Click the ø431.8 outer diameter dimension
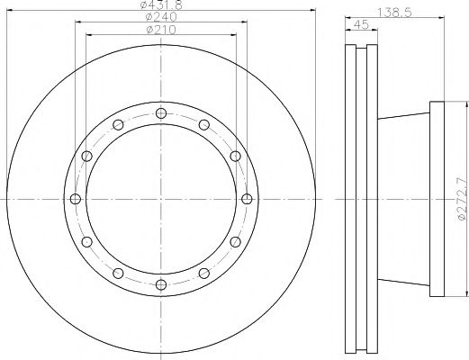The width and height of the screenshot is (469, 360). [x=161, y=5]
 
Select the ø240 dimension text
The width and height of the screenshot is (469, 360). [x=161, y=17]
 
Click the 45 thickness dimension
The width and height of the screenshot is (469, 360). [x=360, y=24]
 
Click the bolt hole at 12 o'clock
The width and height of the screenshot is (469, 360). [x=161, y=112]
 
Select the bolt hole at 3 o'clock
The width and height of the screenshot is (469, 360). [x=248, y=199]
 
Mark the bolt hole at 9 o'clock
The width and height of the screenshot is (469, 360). [x=75, y=199]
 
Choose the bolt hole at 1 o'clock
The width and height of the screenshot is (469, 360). [x=204, y=124]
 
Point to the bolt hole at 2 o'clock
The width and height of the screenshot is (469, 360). [x=236, y=156]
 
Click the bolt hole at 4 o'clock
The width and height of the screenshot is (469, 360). [x=236, y=242]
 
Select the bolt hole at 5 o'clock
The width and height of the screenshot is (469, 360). [x=204, y=274]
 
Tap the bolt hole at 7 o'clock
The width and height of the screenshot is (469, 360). [x=118, y=274]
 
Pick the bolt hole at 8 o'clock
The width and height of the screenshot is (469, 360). [x=86, y=242]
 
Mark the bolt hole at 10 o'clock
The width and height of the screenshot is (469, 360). [x=86, y=156]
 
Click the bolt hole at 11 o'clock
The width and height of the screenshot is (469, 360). [x=118, y=124]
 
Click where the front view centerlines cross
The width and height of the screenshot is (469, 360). [x=161, y=199]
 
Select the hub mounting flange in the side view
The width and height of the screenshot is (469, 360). [x=439, y=199]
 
